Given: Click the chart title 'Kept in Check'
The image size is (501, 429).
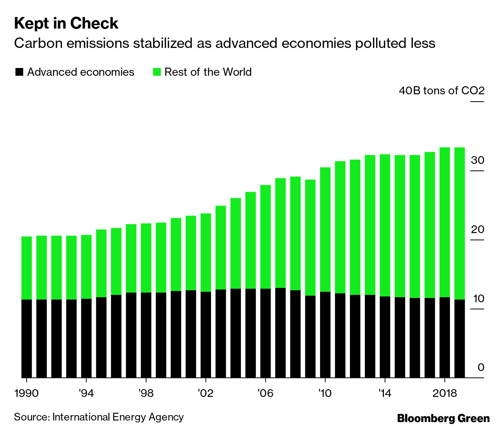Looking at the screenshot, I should click(66, 24).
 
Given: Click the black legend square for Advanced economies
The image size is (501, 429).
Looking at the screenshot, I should click(19, 72).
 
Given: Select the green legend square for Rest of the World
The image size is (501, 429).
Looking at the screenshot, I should click(157, 72).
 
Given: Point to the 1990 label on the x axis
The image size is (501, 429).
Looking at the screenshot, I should click(26, 393).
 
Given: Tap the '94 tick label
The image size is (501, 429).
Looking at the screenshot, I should click(86, 393).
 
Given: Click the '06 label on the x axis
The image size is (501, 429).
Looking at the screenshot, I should click(265, 393).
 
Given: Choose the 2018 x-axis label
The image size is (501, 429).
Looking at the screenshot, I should click(445, 393).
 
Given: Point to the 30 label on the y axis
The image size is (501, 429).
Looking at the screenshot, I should click(477, 160).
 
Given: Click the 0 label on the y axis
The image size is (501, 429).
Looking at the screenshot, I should click(481, 367).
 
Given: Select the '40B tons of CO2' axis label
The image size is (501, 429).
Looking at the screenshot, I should click(441, 91).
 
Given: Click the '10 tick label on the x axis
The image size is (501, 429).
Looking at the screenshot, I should click(325, 393).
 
